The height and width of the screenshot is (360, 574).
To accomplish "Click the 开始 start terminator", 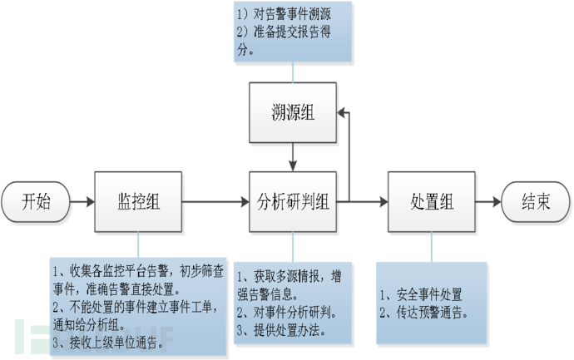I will tap(36, 202).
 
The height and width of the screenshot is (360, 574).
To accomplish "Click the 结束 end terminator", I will tap(536, 202).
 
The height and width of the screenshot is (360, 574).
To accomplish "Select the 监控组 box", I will tap(137, 202).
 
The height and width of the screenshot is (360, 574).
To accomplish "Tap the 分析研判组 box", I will tap(294, 202).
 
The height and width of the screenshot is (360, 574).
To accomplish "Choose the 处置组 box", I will tap(431, 202).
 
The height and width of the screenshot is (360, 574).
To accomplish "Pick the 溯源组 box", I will tap(294, 111).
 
